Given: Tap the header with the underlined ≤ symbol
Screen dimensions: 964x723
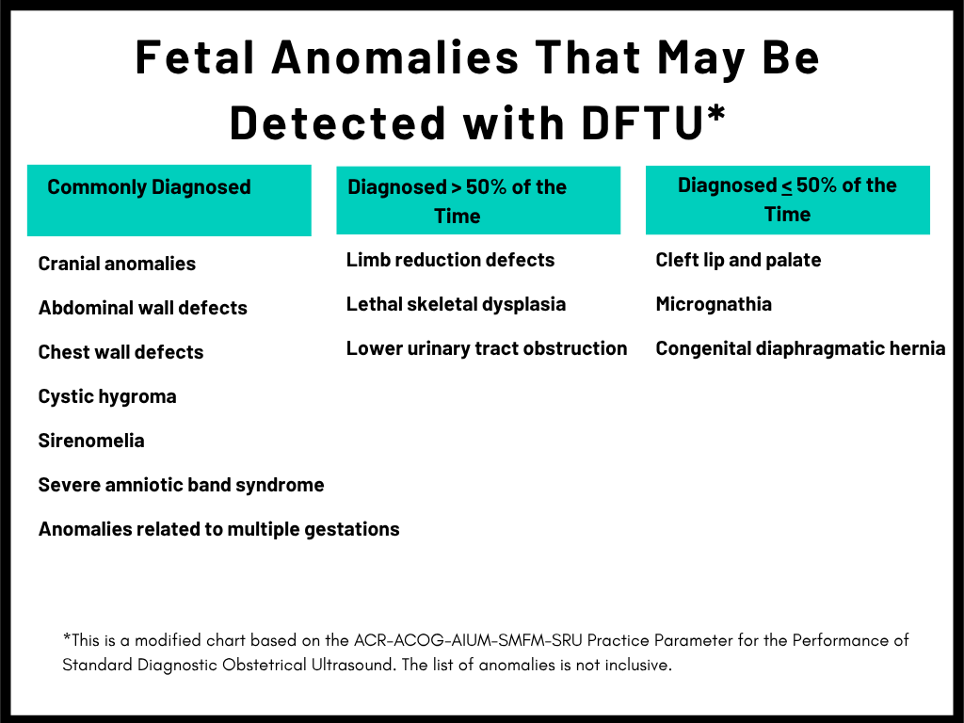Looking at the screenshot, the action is (x=787, y=200).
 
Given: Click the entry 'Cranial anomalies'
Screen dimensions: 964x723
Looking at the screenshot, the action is (x=117, y=264).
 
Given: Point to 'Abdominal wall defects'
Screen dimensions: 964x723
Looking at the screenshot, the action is (x=143, y=308).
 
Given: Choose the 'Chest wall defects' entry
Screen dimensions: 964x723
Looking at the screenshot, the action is (x=120, y=352).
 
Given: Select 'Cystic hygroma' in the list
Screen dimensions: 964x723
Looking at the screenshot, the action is (x=107, y=396).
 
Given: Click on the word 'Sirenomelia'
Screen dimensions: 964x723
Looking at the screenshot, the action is (x=91, y=441).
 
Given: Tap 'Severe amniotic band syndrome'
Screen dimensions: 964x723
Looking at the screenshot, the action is (x=181, y=485).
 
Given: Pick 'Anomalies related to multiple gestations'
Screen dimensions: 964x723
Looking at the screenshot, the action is (x=218, y=529).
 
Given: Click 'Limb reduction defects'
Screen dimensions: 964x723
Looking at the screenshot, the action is (x=451, y=260).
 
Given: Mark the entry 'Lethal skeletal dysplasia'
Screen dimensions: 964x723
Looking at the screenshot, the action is (x=457, y=304).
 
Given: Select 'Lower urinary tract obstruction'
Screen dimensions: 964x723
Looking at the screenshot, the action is (x=487, y=348).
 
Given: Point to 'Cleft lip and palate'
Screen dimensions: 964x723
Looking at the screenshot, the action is (x=738, y=260).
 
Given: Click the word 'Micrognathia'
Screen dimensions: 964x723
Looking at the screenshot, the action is (x=714, y=304).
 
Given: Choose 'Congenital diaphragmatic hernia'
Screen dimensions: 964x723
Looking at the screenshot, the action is (x=800, y=348).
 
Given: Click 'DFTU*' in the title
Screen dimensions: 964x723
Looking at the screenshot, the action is (x=653, y=121).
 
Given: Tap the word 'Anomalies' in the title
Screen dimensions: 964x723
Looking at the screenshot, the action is (x=395, y=57).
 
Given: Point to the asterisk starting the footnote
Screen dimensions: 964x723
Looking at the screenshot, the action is (x=67, y=637).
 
